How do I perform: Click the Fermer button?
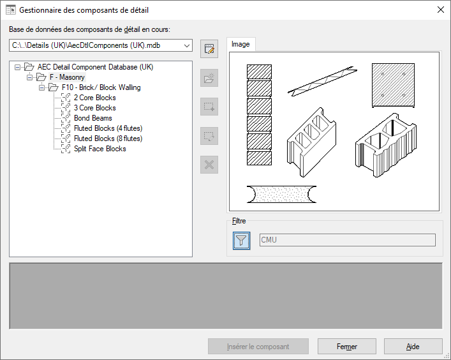347,346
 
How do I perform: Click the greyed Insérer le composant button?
258,346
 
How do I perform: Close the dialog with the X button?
440,10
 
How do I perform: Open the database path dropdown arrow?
187,45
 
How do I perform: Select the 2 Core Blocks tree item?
94,98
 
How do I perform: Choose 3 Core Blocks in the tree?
94,108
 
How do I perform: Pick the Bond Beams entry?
93,118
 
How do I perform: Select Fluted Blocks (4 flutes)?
108,128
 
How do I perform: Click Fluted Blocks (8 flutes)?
108,139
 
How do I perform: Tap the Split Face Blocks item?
100,149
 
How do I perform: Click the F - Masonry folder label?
67,77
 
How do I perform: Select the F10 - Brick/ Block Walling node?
101,87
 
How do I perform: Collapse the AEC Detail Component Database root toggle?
18,67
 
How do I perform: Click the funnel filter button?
241,240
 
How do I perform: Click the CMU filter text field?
348,240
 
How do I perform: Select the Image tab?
240,44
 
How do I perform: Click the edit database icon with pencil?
209,49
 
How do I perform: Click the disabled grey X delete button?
209,165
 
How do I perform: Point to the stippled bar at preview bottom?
281,194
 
